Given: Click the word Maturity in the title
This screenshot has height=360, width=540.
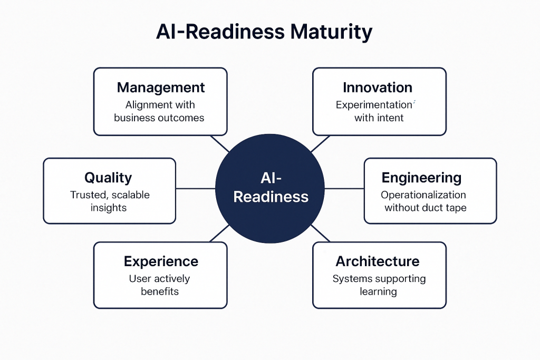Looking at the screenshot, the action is click(331, 32).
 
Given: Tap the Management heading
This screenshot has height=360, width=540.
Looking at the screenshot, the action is click(161, 88).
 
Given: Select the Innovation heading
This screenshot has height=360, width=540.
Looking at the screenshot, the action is click(378, 87).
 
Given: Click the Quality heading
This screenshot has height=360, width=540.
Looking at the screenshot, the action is click(108, 178).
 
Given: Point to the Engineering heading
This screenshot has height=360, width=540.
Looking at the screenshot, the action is click(421, 178).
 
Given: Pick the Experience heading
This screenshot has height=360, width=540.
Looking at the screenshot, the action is click(161, 261).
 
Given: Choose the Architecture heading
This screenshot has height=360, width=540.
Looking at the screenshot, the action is click(378, 261).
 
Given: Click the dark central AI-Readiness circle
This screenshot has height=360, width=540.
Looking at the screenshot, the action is click(270, 189).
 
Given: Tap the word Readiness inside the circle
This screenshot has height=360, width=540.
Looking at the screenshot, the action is click(271, 197).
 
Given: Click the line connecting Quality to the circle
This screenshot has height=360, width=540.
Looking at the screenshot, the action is click(196, 189).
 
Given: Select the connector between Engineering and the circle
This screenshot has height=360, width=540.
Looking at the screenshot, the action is click(344, 189).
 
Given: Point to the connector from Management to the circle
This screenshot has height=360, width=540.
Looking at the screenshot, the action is click(220, 143).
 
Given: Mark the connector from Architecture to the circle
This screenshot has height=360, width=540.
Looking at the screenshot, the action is click(321, 233).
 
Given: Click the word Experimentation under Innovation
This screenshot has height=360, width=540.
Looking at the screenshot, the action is click(374, 105).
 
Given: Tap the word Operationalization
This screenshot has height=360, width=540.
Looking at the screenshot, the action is click(423, 195).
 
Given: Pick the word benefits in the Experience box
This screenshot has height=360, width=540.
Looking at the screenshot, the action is click(160, 291).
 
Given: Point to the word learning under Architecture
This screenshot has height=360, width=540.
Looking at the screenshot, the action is click(378, 291).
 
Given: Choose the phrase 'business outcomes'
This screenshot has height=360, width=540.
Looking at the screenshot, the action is click(159, 118).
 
